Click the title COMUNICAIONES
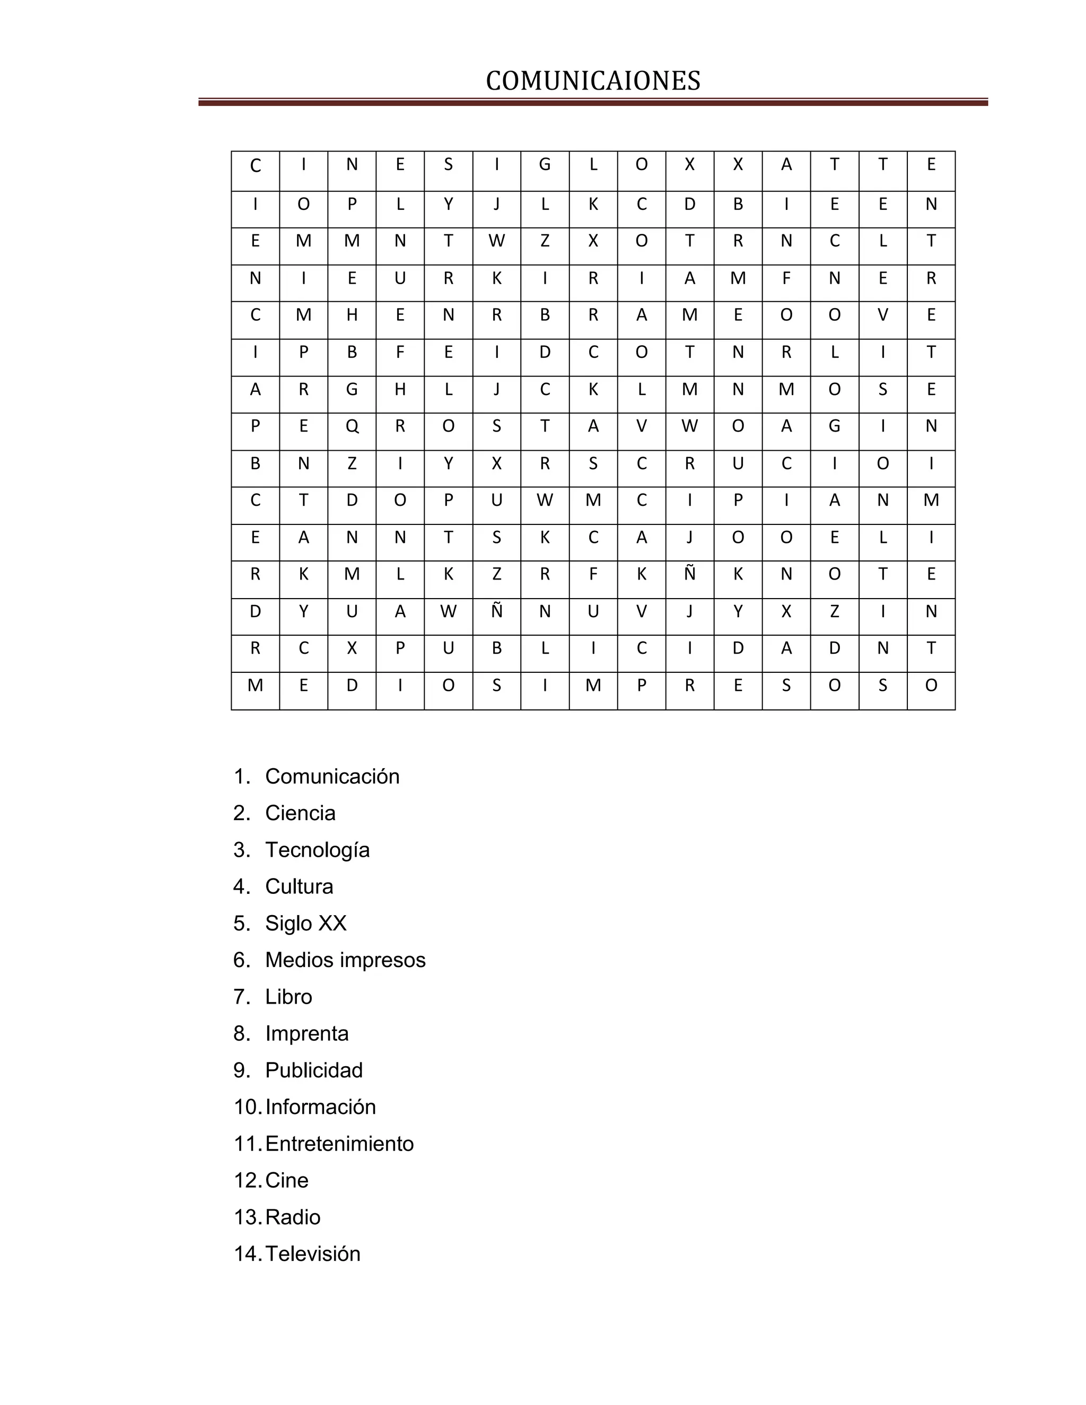592,81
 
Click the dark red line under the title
592,102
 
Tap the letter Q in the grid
352,426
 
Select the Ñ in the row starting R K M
690,573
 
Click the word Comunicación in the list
332,777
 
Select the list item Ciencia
300,813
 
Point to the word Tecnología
317,850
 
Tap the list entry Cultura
299,886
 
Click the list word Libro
288,997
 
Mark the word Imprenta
307,1033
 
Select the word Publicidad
314,1070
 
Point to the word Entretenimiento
339,1143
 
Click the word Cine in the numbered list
286,1180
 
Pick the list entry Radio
293,1216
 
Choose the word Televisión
313,1253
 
